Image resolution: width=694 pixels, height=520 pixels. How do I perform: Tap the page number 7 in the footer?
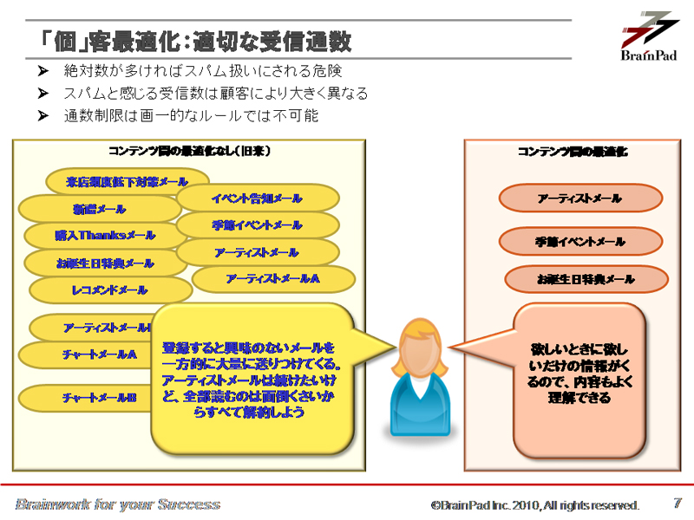click(x=678, y=503)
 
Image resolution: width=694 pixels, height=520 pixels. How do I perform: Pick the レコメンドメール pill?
click(x=109, y=290)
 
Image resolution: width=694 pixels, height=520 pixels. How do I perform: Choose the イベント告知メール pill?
click(x=257, y=198)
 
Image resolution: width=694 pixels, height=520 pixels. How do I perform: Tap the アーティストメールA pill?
click(x=272, y=279)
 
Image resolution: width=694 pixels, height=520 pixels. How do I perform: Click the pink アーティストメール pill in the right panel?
click(x=579, y=198)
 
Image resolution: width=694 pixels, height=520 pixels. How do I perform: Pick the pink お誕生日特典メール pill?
click(x=586, y=280)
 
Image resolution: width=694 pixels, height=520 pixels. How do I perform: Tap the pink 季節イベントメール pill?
click(x=579, y=242)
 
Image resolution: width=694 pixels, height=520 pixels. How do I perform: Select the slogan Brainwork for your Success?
click(x=118, y=504)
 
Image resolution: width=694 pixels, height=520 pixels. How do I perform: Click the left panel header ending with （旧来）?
click(x=189, y=151)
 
